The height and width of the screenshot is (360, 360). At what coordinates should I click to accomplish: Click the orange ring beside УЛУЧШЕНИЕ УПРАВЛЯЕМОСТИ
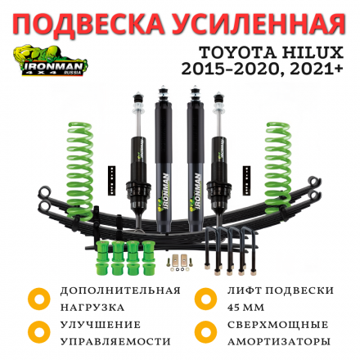[x=38, y=332]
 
